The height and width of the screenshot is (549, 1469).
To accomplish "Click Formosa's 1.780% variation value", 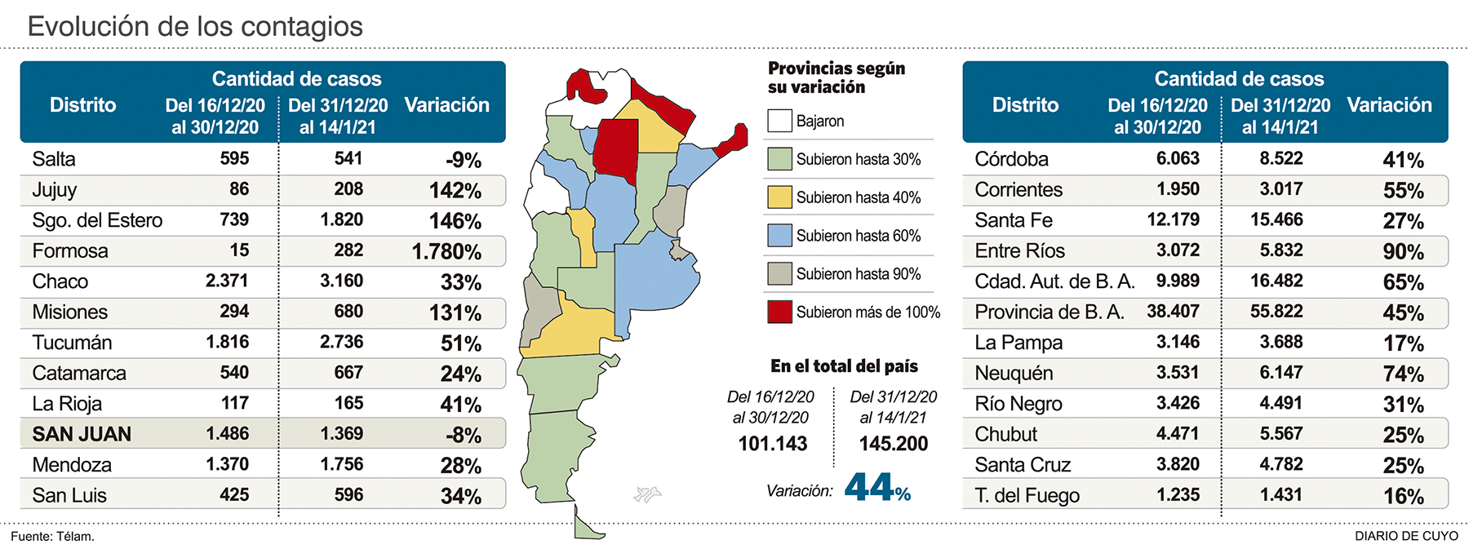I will click(446, 252).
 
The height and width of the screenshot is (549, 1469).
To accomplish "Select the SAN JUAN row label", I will click(82, 435).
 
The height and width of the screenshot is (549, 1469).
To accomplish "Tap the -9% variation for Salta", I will click(464, 161).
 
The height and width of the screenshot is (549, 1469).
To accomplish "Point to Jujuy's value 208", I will click(348, 189).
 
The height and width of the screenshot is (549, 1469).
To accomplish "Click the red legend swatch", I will click(779, 312).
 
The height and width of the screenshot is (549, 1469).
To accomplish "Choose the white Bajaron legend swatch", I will click(779, 121).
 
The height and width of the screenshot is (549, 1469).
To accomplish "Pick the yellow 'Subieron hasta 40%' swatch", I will click(779, 197).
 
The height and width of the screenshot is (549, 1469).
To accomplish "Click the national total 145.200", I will click(894, 444).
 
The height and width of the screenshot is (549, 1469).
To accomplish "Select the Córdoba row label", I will click(1011, 159).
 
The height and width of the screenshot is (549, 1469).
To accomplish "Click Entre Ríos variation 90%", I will click(1403, 252).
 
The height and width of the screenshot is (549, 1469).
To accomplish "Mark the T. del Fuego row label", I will click(1027, 496).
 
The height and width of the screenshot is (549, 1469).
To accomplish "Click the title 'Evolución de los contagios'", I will click(195, 26).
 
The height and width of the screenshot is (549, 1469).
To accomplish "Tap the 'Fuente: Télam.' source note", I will click(53, 537).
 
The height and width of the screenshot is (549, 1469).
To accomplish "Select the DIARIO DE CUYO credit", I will click(1406, 536).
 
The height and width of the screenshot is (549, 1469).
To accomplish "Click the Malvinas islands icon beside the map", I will click(646, 494).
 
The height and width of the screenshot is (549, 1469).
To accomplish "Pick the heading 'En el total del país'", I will click(844, 366).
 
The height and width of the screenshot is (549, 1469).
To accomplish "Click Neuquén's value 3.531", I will click(1178, 373).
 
